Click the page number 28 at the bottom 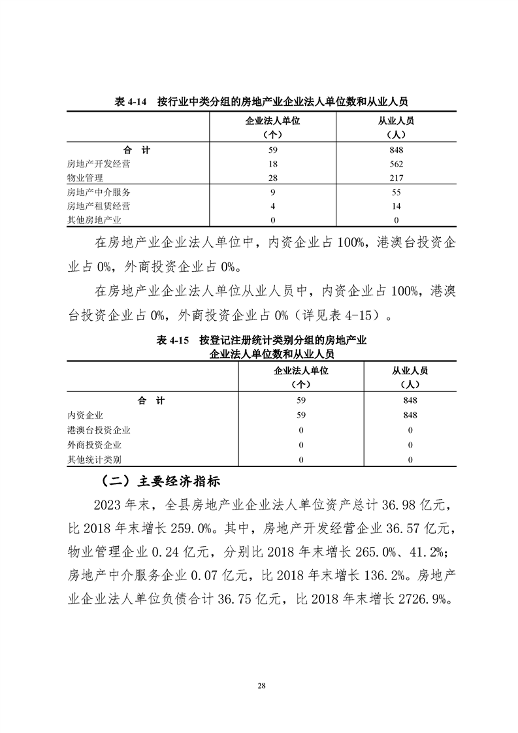[x=261, y=685]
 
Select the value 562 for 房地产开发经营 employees [x=396, y=164]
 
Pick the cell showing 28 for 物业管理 [x=274, y=178]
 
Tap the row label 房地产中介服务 [x=99, y=192]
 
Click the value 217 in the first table [x=396, y=178]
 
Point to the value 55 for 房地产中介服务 [x=396, y=192]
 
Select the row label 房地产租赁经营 [x=99, y=206]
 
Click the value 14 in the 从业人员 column [x=396, y=206]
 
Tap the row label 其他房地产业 [x=94, y=220]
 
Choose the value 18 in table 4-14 [x=274, y=164]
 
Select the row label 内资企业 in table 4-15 [x=86, y=415]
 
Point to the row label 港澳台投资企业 [x=99, y=430]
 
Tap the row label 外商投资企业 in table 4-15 [x=94, y=445]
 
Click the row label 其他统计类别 [x=94, y=460]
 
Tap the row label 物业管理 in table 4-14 [x=85, y=178]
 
